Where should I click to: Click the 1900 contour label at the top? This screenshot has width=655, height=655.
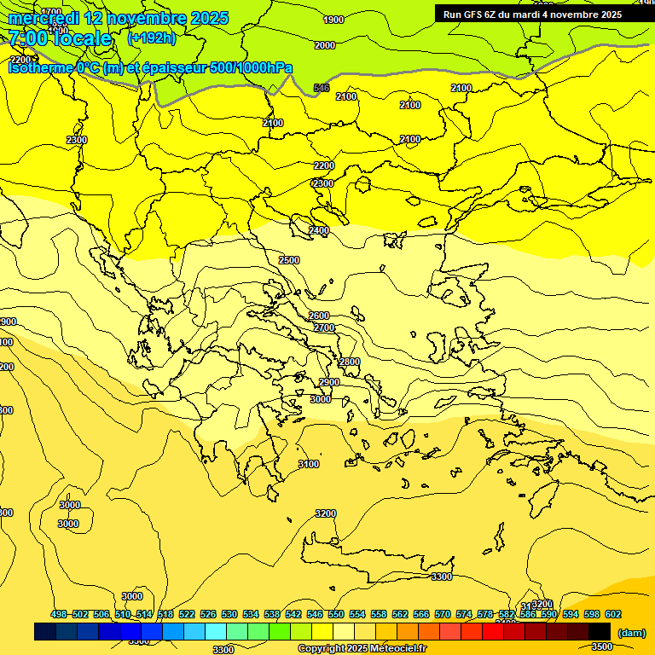click(x=333, y=20)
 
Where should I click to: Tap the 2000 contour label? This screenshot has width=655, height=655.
click(x=324, y=45)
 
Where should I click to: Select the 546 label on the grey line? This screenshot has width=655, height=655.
click(x=322, y=88)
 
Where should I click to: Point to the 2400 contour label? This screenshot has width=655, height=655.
click(x=319, y=231)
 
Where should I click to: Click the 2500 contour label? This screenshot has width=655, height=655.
click(x=289, y=260)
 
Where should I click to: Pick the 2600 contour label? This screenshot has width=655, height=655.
click(x=319, y=316)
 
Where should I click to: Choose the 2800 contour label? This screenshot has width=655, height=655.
click(x=350, y=362)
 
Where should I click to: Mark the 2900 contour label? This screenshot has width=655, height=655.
click(x=329, y=383)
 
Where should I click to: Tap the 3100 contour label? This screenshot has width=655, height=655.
click(x=309, y=464)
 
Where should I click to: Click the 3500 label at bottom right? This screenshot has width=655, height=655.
click(x=602, y=646)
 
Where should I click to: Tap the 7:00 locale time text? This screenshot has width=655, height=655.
click(x=60, y=38)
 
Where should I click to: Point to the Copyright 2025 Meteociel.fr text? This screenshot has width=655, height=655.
click(x=362, y=648)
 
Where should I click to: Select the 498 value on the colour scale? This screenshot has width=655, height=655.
click(x=59, y=615)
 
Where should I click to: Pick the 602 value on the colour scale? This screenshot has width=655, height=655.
click(x=612, y=615)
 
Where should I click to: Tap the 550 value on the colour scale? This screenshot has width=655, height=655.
click(x=336, y=615)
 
